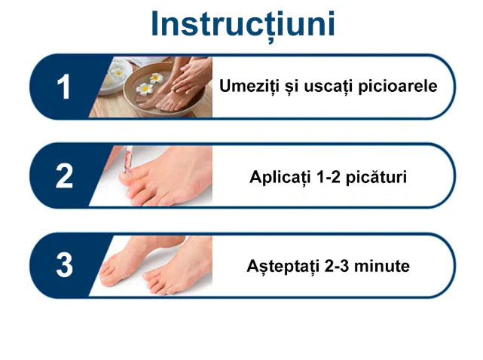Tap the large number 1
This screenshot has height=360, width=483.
[x=64, y=87]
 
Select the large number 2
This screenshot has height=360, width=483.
[x=64, y=176]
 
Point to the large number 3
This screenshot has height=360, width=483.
[x=65, y=265]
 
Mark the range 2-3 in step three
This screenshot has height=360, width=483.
[x=337, y=267]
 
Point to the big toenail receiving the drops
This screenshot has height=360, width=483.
[x=135, y=184]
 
